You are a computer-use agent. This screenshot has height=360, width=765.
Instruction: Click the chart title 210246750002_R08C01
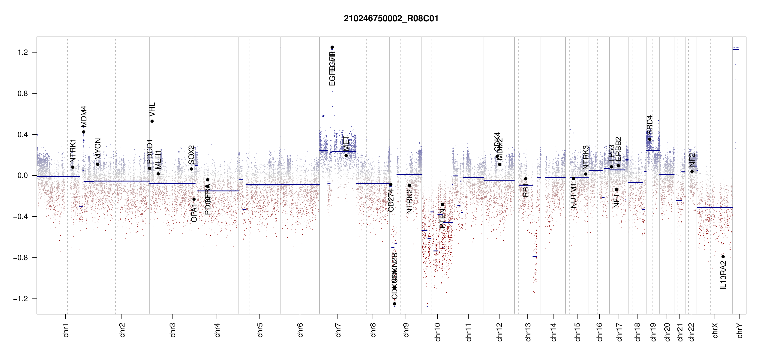(391, 19)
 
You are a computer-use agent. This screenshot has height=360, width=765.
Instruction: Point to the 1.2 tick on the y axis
(22, 52)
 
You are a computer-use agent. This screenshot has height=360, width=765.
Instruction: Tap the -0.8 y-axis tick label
(20, 258)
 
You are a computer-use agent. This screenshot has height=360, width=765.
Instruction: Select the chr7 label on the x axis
(338, 330)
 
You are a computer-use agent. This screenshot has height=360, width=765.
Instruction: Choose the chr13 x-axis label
(528, 332)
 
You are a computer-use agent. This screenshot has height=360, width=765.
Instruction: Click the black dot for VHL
(152, 121)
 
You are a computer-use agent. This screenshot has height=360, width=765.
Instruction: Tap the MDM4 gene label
(84, 116)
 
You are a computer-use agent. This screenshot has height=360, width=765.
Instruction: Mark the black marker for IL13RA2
(723, 257)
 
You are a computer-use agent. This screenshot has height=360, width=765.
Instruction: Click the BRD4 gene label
(650, 125)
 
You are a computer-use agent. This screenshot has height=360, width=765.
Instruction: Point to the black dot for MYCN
(97, 164)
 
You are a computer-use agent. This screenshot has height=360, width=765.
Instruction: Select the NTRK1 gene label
(73, 151)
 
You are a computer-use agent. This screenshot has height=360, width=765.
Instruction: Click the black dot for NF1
(616, 190)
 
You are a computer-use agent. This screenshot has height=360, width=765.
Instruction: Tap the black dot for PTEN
(442, 205)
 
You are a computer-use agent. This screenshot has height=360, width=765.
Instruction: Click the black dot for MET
(346, 155)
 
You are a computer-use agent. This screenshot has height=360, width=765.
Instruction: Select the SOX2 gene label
(191, 155)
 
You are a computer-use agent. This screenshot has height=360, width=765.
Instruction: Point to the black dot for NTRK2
(409, 185)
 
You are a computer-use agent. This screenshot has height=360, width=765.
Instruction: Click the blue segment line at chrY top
(736, 49)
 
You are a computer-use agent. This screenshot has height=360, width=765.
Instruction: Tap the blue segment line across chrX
(715, 207)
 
